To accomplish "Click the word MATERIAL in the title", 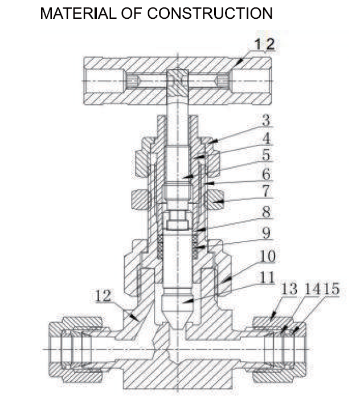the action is (78, 13).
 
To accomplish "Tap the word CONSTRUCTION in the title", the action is (210, 13).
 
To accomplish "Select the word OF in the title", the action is (132, 13).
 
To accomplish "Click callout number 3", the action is (266, 120).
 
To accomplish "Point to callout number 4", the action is (266, 138).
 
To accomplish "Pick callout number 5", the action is (266, 155).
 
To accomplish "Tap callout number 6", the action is (266, 174).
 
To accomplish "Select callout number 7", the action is (266, 191).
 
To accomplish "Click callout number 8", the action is (266, 212).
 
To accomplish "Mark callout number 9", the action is (266, 232).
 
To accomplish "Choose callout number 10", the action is (268, 256).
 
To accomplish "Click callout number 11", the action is (267, 277).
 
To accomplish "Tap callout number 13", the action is (289, 289).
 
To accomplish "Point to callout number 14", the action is (312, 289).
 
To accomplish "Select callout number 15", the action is (332, 288).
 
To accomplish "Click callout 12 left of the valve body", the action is (103, 296).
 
